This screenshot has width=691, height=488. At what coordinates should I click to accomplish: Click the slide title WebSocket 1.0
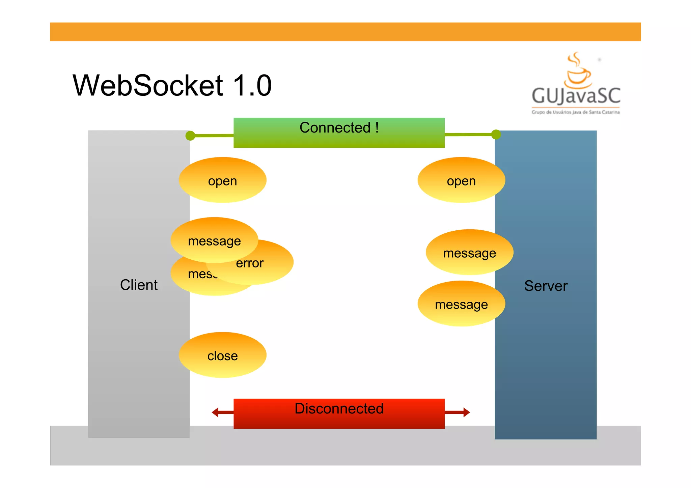click(172, 85)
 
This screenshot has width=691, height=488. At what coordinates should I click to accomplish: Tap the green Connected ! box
click(339, 133)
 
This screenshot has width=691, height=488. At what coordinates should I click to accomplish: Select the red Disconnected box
click(339, 413)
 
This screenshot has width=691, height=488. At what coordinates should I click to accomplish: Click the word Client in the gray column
click(139, 285)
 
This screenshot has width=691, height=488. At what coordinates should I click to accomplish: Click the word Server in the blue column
click(546, 286)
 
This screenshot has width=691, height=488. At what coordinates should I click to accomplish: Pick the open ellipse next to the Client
click(222, 180)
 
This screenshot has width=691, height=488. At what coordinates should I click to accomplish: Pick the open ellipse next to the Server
click(461, 180)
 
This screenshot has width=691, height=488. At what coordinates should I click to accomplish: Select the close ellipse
click(222, 355)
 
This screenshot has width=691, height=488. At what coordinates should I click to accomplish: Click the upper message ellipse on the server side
click(469, 252)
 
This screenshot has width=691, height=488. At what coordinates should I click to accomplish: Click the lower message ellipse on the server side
click(461, 304)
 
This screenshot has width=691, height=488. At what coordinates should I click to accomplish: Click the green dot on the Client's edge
click(190, 136)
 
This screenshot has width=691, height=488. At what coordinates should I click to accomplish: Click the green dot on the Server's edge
click(496, 135)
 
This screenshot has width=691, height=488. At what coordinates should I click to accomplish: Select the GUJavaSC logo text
click(576, 96)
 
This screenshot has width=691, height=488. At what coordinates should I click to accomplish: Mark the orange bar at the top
click(345, 32)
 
